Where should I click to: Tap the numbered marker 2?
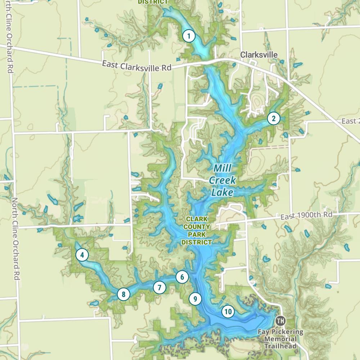[274, 118]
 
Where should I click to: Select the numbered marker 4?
[82, 255]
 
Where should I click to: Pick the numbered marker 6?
[182, 277]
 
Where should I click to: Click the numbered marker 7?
[159, 287]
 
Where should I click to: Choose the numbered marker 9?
[195, 298]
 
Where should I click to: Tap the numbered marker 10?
[228, 311]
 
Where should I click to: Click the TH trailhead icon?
[280, 320]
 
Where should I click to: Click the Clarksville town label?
[259, 55]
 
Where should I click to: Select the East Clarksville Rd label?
[136, 66]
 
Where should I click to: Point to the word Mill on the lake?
[222, 168]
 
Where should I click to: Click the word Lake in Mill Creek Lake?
[222, 193]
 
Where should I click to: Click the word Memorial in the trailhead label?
[280, 339]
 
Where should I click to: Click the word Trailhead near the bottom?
[280, 346]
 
